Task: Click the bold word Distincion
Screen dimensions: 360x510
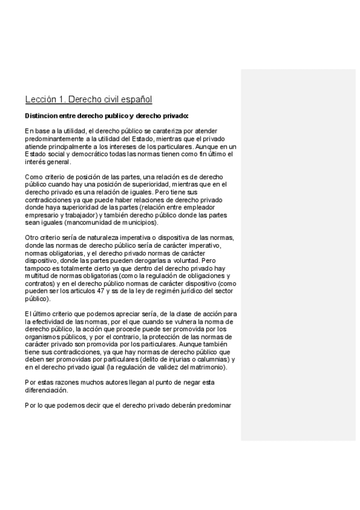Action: [43, 115]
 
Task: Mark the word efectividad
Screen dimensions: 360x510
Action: [58, 322]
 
